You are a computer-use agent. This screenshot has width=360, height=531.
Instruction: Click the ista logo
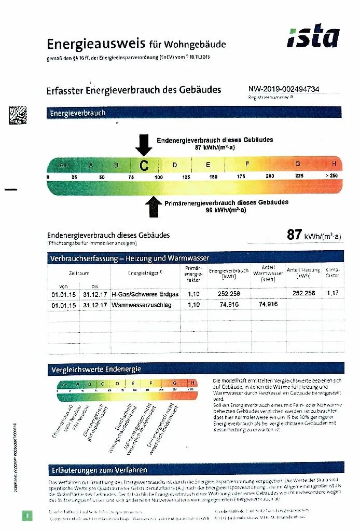click(x=314, y=38)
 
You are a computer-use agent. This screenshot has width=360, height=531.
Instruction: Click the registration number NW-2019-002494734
click(x=284, y=89)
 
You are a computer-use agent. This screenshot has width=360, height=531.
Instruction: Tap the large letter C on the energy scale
click(x=144, y=166)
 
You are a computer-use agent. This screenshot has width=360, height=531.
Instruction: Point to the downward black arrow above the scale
click(x=144, y=144)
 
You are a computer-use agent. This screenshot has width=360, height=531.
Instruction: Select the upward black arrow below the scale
click(x=153, y=207)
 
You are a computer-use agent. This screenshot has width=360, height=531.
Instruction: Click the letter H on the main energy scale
click(x=334, y=164)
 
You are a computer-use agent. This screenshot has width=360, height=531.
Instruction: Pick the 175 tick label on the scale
click(x=241, y=177)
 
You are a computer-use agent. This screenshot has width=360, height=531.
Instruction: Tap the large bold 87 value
click(x=295, y=235)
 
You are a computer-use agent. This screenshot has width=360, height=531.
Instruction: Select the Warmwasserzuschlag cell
click(x=141, y=305)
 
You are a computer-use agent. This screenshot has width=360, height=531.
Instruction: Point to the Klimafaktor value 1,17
click(x=332, y=293)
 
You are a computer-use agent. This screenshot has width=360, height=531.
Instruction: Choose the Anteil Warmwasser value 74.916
click(x=268, y=305)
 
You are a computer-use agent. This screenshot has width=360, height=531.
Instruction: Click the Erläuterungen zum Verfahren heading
click(x=99, y=470)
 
